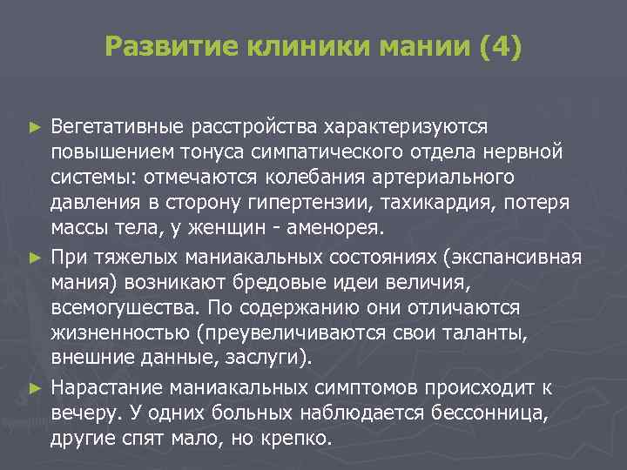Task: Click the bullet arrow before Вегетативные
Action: point(34,128)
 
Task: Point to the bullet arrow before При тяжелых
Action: point(34,258)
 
